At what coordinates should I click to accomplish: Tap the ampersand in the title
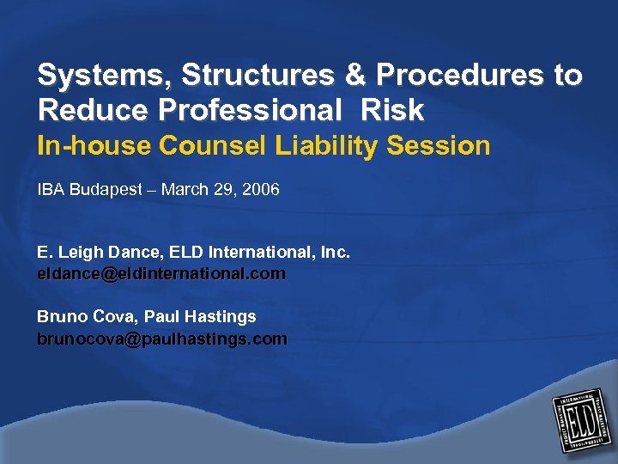[355, 76]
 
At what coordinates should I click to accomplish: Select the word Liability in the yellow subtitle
[327, 146]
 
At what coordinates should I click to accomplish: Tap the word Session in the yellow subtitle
[438, 146]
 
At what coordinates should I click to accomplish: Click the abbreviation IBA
[51, 190]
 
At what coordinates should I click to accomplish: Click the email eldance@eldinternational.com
[161, 274]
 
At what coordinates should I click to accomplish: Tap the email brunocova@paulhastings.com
[161, 339]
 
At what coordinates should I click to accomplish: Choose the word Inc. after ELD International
[336, 253]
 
